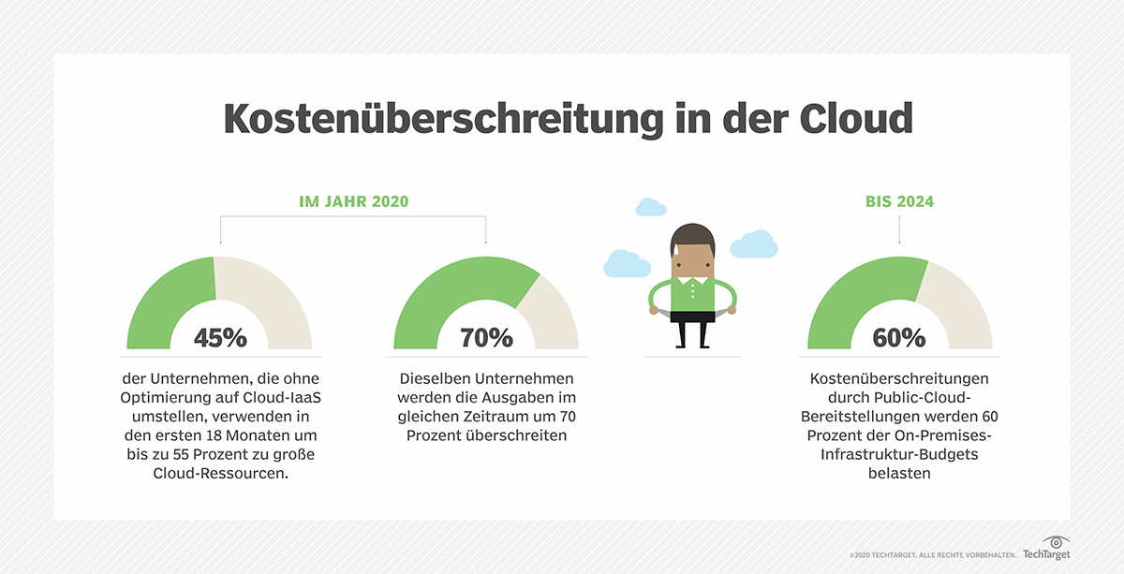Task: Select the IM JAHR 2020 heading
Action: [353, 202]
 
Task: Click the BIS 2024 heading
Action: [899, 202]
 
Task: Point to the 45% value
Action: [220, 338]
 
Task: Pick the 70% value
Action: [486, 338]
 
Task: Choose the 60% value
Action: [899, 338]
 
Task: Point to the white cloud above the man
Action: [648, 207]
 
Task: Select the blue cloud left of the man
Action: [627, 263]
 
